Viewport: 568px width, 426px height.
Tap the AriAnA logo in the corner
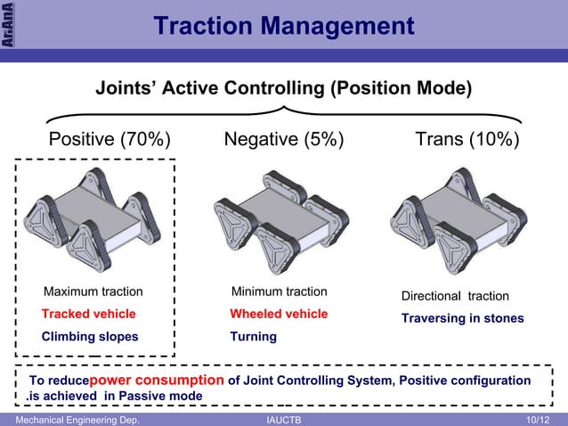(x=8, y=24)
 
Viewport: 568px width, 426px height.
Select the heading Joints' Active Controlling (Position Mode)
(x=284, y=89)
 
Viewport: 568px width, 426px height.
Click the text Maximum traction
(x=93, y=291)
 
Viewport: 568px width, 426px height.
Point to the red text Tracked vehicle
(x=89, y=314)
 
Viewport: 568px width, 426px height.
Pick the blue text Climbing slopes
(x=90, y=336)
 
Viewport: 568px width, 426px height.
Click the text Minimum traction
(x=279, y=291)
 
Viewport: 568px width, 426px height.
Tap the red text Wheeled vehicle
(x=279, y=314)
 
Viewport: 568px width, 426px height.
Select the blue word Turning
(x=253, y=336)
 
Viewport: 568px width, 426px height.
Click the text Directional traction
(x=455, y=296)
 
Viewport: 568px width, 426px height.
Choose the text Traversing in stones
(x=462, y=318)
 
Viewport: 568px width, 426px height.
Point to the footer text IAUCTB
(x=283, y=419)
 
